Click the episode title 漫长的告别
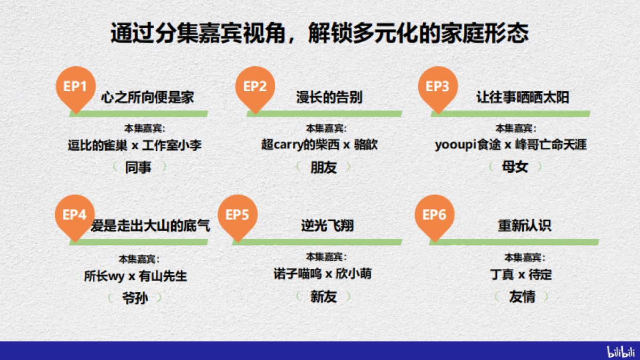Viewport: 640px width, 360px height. pos(329,98)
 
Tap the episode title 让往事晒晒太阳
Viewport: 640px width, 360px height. pos(523,98)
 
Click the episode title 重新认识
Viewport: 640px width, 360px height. pos(517,226)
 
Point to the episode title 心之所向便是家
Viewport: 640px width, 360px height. pos(147,98)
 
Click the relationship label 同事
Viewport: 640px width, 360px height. pos(138,167)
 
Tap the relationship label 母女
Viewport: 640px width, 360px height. pos(515,167)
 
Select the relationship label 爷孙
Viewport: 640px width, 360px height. pos(135,298)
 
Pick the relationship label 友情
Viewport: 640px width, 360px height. pos(522,297)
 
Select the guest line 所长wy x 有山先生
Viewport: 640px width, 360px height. pos(135,276)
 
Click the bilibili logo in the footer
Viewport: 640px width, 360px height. pos(621,351)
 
